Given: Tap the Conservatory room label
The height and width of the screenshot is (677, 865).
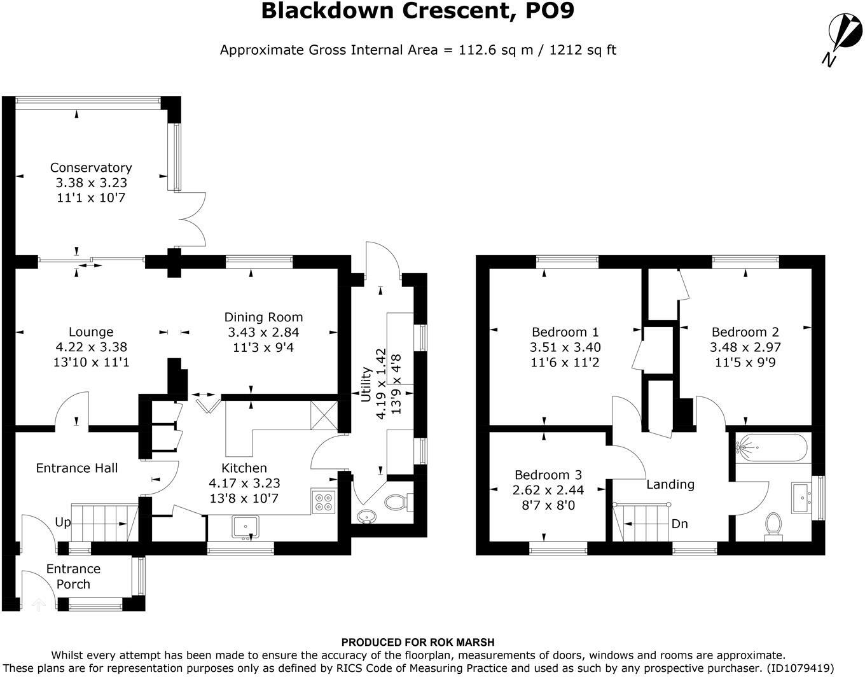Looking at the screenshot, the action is tap(91, 167).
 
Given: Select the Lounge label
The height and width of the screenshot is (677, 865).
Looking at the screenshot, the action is tap(91, 332).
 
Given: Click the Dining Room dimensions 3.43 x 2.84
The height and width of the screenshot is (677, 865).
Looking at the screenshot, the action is tap(263, 332).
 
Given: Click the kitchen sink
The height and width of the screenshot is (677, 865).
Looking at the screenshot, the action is tap(246, 528).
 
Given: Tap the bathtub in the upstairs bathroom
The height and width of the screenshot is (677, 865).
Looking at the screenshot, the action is tap(771, 447).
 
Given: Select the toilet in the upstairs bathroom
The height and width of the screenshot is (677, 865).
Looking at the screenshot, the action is tap(773, 526).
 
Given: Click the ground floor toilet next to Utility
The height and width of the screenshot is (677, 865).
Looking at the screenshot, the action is tap(399, 502).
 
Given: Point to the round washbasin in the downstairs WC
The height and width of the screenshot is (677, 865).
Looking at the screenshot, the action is tap(367, 517).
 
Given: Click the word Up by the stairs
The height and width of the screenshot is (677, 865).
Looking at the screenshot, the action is tap(63, 522).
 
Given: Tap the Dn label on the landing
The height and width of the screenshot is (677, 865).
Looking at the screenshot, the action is tap(679, 524).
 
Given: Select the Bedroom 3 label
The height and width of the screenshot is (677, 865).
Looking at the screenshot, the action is tap(548, 475).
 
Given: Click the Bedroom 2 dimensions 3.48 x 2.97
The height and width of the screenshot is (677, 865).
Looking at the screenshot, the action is tap(745, 347).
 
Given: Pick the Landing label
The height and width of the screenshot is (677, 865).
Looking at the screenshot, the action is tap(670, 485).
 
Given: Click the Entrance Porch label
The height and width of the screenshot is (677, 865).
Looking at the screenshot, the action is tap(73, 576).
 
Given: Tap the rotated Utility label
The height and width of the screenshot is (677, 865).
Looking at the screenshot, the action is tap(366, 384).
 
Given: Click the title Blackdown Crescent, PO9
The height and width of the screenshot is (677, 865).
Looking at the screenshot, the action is tap(418, 11).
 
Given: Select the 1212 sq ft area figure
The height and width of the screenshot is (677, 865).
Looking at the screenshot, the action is tap(583, 50).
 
